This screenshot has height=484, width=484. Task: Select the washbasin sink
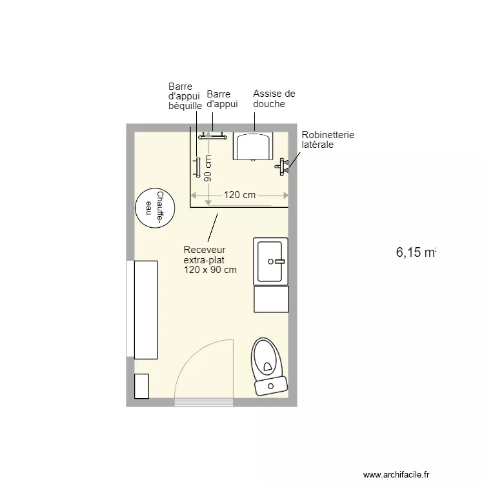(271, 261)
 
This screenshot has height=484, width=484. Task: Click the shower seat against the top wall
(253, 146)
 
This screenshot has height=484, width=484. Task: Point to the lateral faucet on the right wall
(282, 167)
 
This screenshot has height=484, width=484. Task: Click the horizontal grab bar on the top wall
(213, 136)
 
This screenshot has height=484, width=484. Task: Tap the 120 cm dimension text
(239, 195)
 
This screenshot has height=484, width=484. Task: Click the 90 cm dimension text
(208, 169)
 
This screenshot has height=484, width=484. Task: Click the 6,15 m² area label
(416, 252)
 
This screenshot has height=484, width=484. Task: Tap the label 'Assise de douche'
(274, 99)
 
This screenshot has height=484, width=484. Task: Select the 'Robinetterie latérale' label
(328, 140)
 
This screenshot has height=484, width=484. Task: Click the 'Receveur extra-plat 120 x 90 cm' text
(210, 259)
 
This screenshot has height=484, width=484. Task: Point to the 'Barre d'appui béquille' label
(185, 96)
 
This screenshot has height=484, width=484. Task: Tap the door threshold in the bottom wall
(204, 403)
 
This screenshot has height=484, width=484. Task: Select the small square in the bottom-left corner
(141, 386)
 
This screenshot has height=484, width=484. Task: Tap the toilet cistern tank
(271, 386)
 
